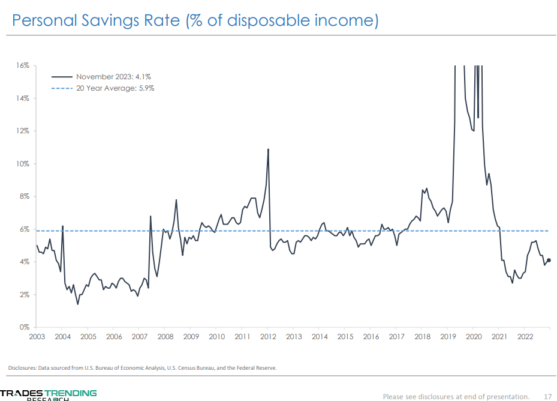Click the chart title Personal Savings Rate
pos(195,21)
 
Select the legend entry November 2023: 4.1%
pos(113,77)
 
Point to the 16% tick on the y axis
pos(22,65)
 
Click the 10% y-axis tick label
pos(22,164)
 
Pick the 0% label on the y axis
pos(24,328)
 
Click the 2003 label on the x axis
pos(37,337)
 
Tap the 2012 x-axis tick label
pos(268,337)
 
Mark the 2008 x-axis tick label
pos(165,337)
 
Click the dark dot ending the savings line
pos(549,261)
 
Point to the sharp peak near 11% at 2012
pos(268,149)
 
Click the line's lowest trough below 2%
pos(78,304)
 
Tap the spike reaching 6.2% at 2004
pos(62,226)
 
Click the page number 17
pos(547,396)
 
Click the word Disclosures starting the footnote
pos(22,367)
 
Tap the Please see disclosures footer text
pos(456,396)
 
